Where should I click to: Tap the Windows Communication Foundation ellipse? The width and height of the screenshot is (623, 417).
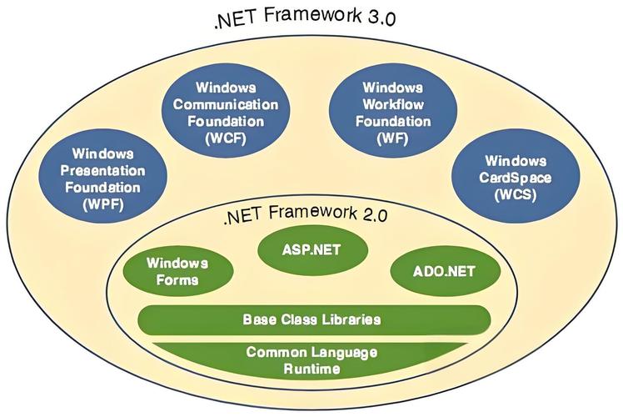[x=225, y=113]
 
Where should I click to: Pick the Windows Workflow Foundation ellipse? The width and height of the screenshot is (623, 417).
[x=393, y=113]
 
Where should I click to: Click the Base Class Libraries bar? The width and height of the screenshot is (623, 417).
[x=312, y=319]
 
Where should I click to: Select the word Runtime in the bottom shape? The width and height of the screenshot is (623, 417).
[x=312, y=369]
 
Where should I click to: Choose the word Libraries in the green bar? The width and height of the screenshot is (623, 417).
[x=351, y=319]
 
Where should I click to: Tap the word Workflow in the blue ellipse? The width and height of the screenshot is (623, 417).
[x=393, y=103]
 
